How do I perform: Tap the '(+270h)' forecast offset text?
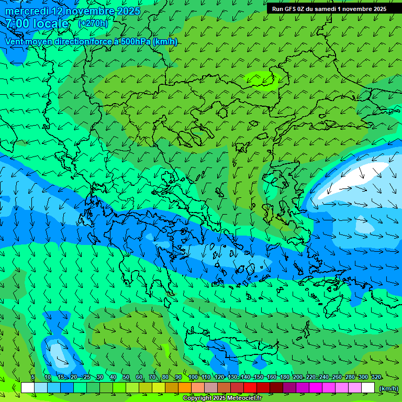coord(93,23)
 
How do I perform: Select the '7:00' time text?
coord(17,24)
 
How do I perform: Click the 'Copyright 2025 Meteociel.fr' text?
coord(222,398)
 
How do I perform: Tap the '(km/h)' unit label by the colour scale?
coord(388,388)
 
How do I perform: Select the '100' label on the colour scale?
coord(193,377)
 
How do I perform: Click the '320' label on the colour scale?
coord(376,377)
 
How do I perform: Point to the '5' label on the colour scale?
coord(33,377)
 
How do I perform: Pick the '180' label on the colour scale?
coord(284,377)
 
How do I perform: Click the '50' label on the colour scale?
coord(126,377)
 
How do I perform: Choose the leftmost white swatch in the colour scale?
coord(28,388)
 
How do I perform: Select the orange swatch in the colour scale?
coord(185,388)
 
